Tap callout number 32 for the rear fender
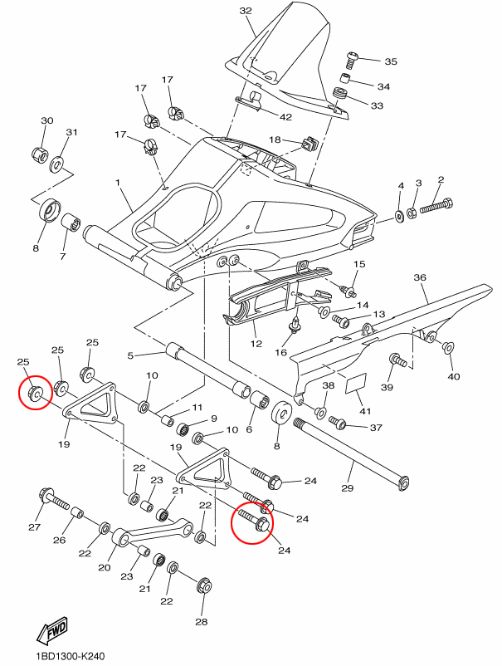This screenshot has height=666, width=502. [x=246, y=11]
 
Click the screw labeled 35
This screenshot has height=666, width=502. [x=352, y=60]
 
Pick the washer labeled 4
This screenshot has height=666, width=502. [x=400, y=215]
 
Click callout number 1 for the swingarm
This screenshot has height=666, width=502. [x=118, y=183]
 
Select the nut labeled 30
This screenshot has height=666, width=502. [x=41, y=154]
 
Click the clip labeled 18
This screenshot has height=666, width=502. [x=309, y=144]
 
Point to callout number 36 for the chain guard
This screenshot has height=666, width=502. [x=420, y=277]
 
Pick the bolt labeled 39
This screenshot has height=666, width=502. [x=398, y=360]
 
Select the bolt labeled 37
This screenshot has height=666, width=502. [x=338, y=423]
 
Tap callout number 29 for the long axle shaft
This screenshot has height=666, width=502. [x=347, y=488]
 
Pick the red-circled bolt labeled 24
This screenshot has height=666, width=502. [x=254, y=521]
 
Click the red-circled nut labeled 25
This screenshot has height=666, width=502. [x=35, y=393]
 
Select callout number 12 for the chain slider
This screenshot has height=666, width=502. [x=256, y=343]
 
